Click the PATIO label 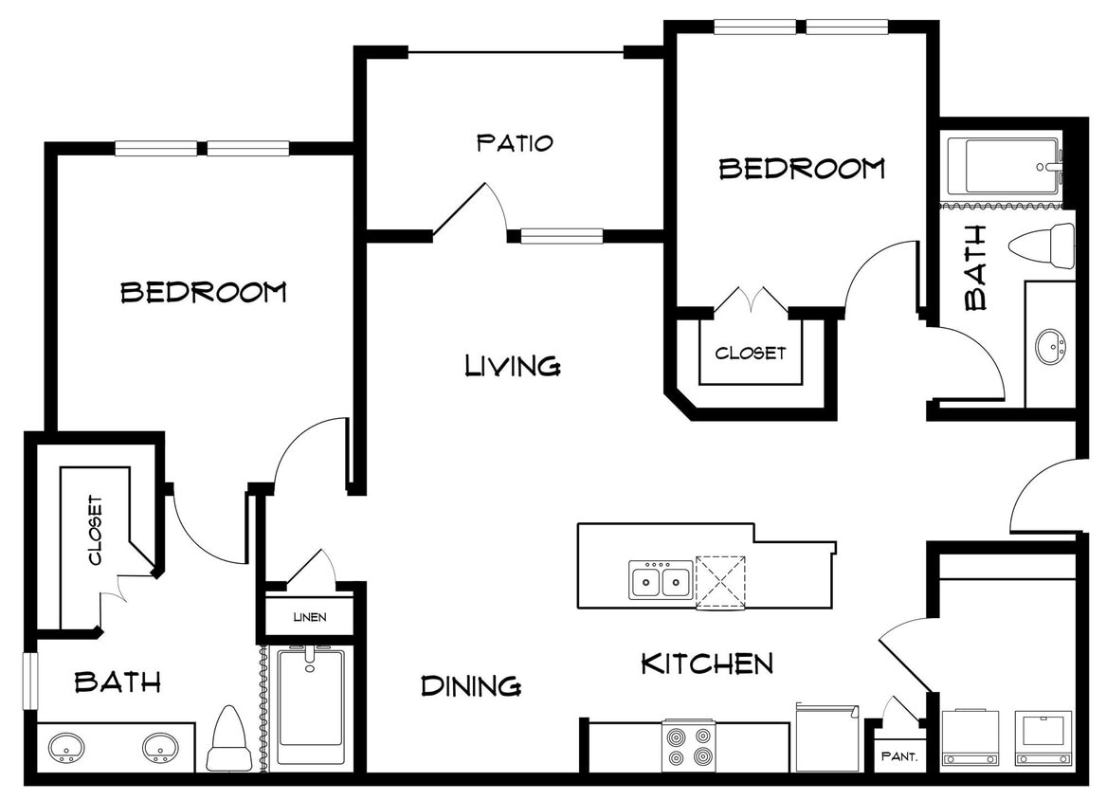click(x=515, y=143)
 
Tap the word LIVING click(x=513, y=365)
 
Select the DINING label click(x=471, y=684)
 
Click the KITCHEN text click(x=707, y=664)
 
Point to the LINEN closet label click(x=309, y=617)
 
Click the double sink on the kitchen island click(x=661, y=579)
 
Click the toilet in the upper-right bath click(x=1042, y=245)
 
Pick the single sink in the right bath click(x=1050, y=346)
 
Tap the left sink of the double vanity click(x=67, y=748)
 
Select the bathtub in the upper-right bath click(x=1004, y=168)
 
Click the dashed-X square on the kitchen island click(x=722, y=580)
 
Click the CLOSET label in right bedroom click(x=751, y=353)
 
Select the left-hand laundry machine click(x=970, y=737)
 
